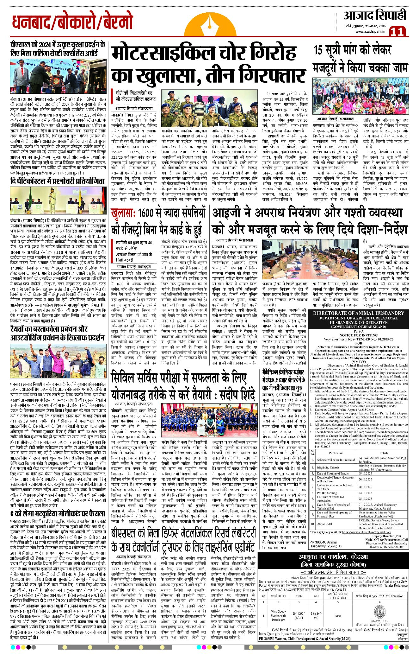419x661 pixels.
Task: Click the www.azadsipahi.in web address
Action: (370, 31)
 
